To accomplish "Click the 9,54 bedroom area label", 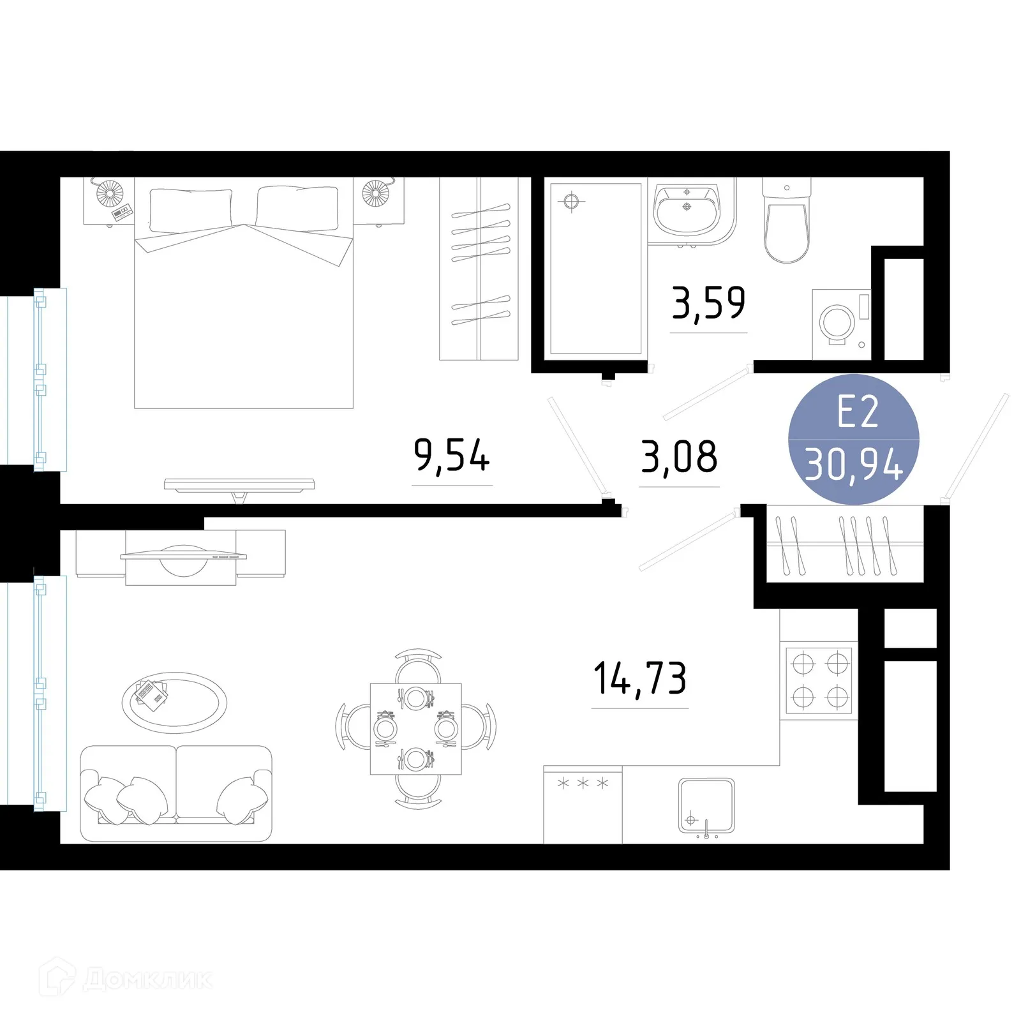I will [x=452, y=456].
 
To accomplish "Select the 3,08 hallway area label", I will [x=679, y=457].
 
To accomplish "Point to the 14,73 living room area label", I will [x=640, y=678].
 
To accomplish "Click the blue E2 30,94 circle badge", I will [x=854, y=440].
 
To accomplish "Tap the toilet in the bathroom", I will [x=787, y=223].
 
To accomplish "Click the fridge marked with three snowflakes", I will [x=583, y=804].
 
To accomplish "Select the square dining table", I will [x=416, y=729].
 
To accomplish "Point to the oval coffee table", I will [x=174, y=703].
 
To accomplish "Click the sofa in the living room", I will [x=176, y=793].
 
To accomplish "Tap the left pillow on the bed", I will [x=191, y=209].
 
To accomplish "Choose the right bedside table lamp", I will [x=375, y=193].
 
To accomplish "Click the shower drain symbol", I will [x=571, y=202].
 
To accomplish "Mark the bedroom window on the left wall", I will [x=50, y=379].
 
